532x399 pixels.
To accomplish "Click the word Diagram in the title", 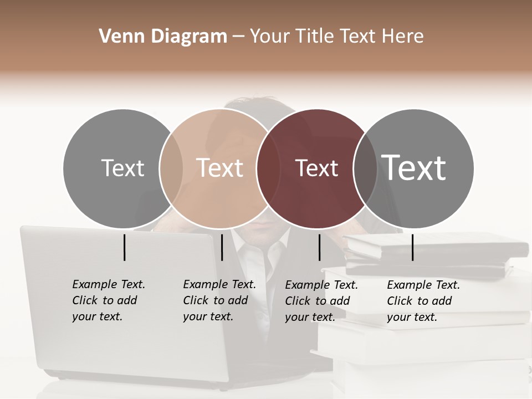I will click(189, 37).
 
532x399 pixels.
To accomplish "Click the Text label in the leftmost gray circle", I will click(122, 168).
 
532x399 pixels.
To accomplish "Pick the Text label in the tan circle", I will click(219, 168).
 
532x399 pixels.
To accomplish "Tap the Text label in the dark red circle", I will click(316, 168).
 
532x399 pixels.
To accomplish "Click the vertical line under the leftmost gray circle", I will click(125, 247).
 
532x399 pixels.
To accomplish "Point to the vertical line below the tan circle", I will click(222, 247).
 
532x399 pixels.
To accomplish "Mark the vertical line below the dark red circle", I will click(320, 247).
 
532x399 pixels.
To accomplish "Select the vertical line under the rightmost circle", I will click(413, 247).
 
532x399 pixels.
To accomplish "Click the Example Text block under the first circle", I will click(109, 300).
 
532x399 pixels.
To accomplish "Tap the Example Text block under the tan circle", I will click(219, 300).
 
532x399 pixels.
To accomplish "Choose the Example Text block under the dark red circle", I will click(321, 301).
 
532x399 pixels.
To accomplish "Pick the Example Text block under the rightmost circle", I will click(423, 301).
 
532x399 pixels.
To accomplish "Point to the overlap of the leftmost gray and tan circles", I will click(171, 168).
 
